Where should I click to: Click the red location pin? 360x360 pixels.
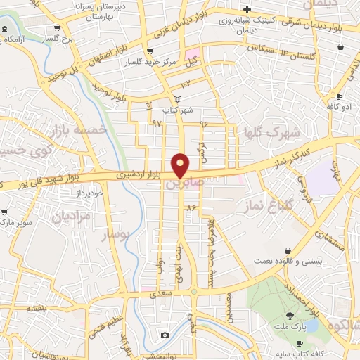click(x=181, y=165)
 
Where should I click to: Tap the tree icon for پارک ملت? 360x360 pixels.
click(x=290, y=316)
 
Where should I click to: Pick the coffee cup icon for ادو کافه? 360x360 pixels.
click(x=339, y=97)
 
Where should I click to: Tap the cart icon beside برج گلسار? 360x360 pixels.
click(x=57, y=29)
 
